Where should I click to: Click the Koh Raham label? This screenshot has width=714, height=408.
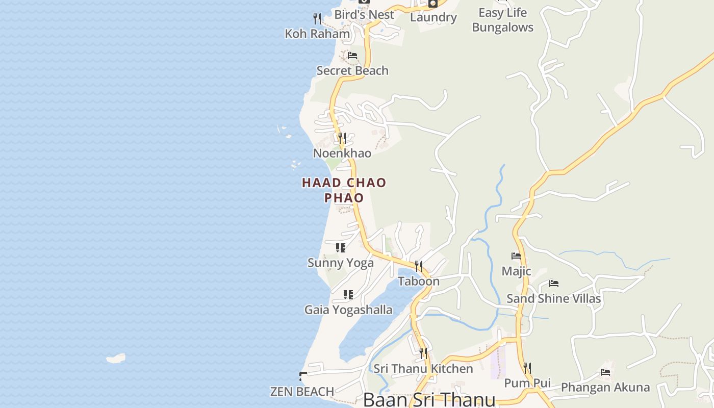tap(317, 34)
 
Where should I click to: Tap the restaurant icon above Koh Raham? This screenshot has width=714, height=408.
tap(317, 19)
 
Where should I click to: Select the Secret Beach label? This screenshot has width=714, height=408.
tap(352, 71)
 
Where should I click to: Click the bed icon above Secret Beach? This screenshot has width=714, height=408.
tap(352, 55)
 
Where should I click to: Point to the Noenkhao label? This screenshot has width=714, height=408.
tap(342, 154)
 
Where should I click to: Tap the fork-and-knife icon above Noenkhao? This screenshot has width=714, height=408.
tap(342, 138)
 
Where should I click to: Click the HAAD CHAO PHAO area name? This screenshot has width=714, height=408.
tap(344, 190)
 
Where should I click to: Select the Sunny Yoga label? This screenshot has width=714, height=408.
tap(340, 263)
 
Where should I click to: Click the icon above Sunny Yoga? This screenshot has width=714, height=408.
tap(341, 248)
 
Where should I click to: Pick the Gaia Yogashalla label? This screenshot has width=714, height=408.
tap(348, 310)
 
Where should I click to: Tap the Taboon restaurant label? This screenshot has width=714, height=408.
tap(418, 282)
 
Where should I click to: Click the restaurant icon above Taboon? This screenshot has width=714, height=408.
tap(418, 266)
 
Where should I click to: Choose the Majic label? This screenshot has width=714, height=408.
tap(516, 271)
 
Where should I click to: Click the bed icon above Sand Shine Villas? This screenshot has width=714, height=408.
tap(554, 284)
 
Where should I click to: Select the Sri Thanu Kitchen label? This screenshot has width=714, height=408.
tap(423, 369)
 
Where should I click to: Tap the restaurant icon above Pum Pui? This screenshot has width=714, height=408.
tap(527, 368)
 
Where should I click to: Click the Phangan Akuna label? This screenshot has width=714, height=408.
tap(605, 388)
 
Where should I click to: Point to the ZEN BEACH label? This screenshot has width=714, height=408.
tap(302, 392)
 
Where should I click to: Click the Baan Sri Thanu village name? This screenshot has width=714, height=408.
tap(429, 399)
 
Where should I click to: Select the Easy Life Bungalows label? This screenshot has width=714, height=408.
tap(502, 20)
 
